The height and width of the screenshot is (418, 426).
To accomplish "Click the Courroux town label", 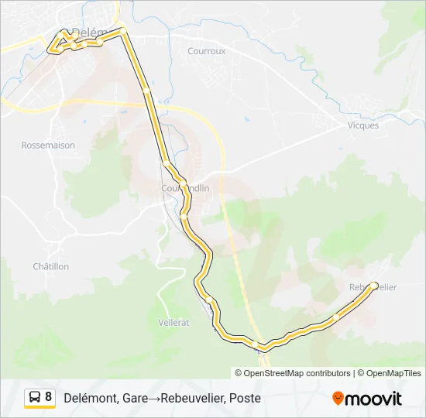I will [206, 51].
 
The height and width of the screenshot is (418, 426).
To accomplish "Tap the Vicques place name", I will [363, 125].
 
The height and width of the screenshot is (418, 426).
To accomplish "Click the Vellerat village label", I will [173, 322].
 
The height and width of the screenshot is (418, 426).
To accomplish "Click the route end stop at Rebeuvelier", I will [375, 286].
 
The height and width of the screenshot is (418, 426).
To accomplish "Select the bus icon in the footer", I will [35, 398].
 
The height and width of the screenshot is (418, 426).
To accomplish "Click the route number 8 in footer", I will [49, 397].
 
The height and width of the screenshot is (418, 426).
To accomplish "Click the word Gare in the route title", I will [135, 398].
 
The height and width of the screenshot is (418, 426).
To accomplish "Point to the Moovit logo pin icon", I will [338, 399].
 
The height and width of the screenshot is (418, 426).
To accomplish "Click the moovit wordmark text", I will [374, 399].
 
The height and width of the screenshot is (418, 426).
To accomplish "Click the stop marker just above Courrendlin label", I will [167, 163].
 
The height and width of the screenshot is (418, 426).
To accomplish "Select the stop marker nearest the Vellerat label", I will [209, 300].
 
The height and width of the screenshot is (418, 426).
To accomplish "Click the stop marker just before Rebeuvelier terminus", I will [335, 317].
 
